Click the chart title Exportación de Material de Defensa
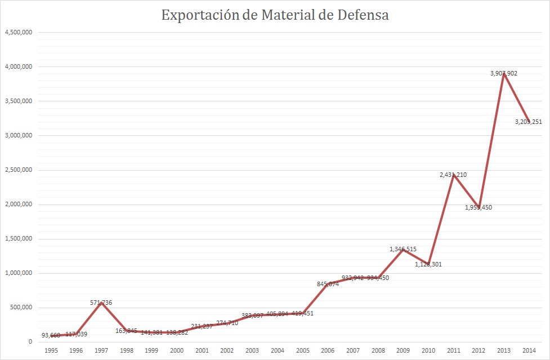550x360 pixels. pos(275,15)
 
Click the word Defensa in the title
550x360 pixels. pos(363,15)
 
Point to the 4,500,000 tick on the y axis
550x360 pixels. pos(18,32)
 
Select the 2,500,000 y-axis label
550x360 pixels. pos(18,170)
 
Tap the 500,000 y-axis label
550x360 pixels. pos(21,308)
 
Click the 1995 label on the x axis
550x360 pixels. pos(51,350)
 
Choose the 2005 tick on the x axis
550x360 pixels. pos(302,350)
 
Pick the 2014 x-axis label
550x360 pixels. pos(529,350)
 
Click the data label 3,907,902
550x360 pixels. pos(503,73)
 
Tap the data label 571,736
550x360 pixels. pos(101,303)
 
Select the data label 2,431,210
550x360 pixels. pos(453,175)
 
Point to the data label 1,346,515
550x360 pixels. pos(403,249)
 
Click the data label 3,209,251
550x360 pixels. pos(528,121)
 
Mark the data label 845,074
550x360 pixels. pos(327,284)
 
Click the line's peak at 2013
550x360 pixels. pos(504,74)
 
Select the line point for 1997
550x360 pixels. pos(101,303)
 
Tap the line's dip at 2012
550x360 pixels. pos(479,207)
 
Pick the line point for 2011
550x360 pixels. pos(453,175)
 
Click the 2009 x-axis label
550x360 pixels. pos(403,350)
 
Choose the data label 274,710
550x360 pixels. pos(227,323)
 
